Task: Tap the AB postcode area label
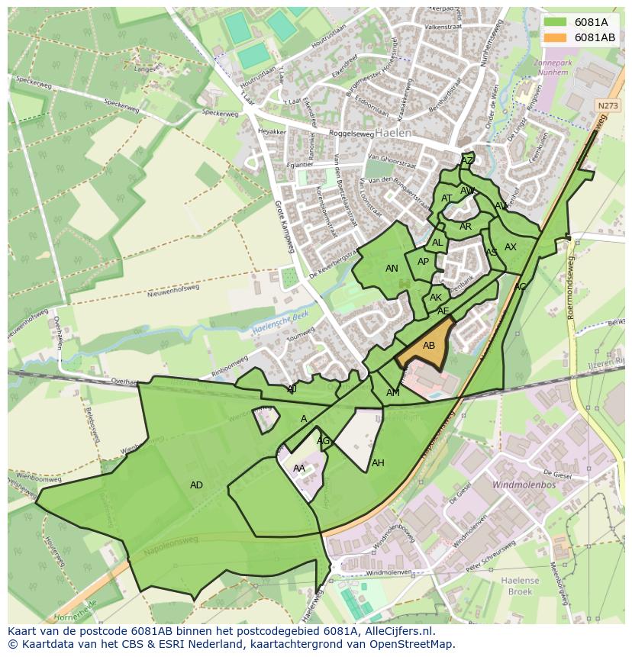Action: tap(429, 346)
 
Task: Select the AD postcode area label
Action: tap(196, 485)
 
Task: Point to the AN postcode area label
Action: tap(392, 269)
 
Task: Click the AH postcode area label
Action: tap(378, 463)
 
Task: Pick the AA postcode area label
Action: tap(299, 469)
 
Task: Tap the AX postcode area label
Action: tap(511, 247)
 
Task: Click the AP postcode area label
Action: tap(423, 262)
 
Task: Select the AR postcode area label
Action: tap(466, 227)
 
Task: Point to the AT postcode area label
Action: tap(447, 198)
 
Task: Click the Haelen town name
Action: tap(392, 133)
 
